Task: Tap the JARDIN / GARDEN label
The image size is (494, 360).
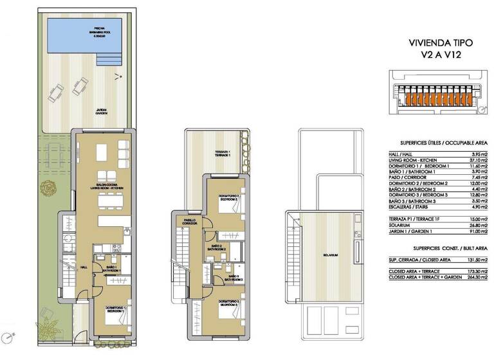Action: pos(102,111)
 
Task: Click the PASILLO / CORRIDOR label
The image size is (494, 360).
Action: pos(189,221)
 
